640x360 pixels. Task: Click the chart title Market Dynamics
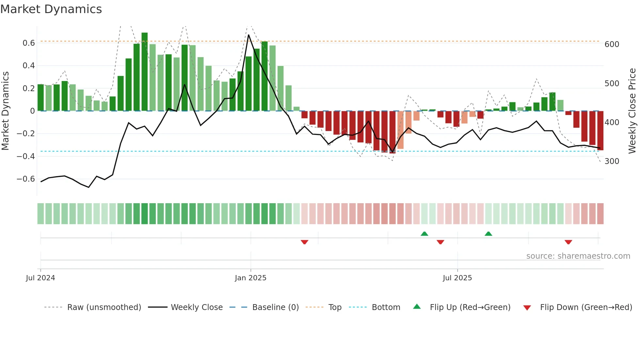(51, 9)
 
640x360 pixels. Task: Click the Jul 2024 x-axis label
(40, 278)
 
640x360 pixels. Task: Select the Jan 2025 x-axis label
(250, 278)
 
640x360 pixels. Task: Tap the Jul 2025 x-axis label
(457, 278)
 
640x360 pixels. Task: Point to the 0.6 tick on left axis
(29, 43)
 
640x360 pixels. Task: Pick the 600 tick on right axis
(612, 44)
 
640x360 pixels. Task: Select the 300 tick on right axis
(612, 161)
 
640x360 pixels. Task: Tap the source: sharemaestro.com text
(578, 256)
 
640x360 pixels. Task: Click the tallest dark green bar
(145, 72)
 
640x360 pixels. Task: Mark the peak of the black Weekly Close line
(248, 35)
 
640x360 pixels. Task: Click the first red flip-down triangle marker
(304, 242)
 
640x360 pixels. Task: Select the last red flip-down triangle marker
(568, 242)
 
